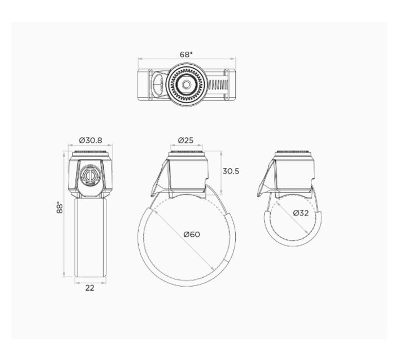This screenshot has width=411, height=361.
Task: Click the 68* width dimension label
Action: coord(185,53)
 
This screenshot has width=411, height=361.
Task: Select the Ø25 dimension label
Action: coord(185,140)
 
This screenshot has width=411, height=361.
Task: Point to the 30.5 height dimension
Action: coord(231,172)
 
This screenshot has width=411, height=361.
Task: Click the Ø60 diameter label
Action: coord(192,235)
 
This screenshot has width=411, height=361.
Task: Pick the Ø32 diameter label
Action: coord(301,213)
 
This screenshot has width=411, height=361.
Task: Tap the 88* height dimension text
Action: coord(60,207)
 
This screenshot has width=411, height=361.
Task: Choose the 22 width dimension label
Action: coord(90,288)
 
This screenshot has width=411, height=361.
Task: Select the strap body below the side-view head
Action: coord(90,236)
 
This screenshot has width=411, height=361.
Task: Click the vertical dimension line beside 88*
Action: coord(65,216)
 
